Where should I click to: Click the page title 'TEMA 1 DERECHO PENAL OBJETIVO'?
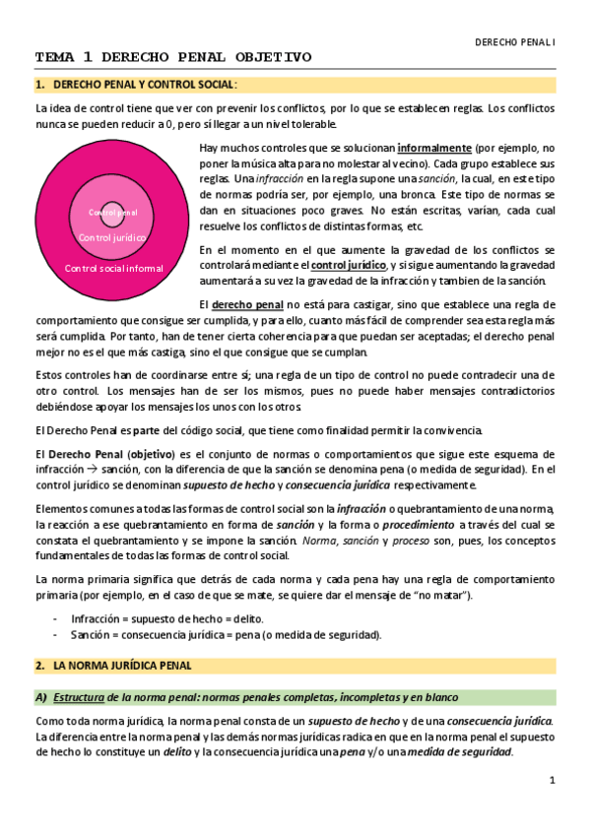(x=173, y=57)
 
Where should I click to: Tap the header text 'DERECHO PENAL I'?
(x=515, y=43)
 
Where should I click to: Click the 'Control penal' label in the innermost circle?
(x=113, y=213)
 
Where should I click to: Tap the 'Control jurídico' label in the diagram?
(x=112, y=238)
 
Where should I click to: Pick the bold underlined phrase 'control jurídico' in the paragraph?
(x=347, y=265)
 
